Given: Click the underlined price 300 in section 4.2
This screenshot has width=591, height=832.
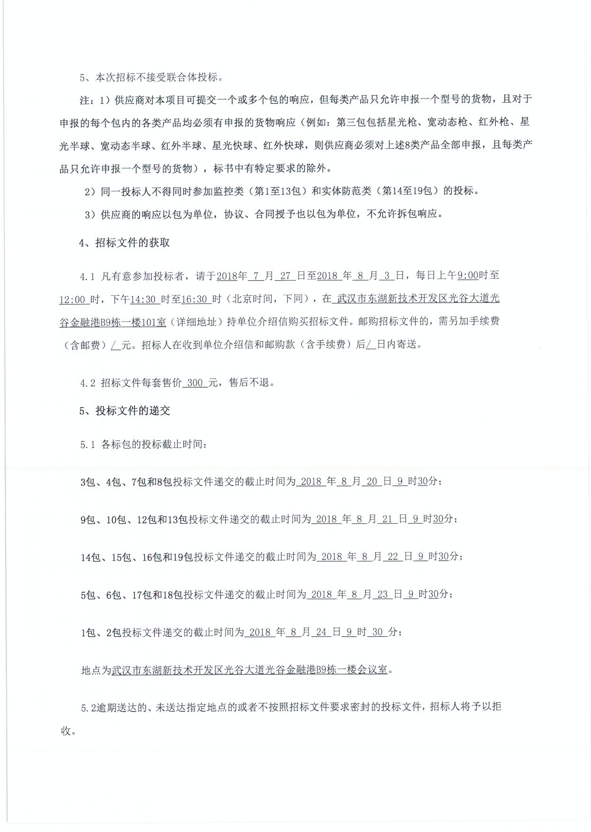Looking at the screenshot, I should pos(195,383).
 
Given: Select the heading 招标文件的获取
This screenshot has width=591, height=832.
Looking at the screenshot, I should pos(132,243).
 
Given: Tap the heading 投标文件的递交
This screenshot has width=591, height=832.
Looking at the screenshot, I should pos(132,411).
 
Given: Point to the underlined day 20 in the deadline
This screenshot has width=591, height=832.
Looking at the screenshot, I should pos(372,482).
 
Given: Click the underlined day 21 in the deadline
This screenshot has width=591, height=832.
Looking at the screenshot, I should pos(387,519).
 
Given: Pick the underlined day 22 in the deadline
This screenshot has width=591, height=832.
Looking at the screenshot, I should pos(393,557).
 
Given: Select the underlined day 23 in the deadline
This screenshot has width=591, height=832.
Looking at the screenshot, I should pos(382,594).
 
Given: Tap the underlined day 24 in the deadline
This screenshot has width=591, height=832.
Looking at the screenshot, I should pos(321,632).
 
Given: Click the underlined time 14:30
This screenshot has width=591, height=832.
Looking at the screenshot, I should pos(143,300).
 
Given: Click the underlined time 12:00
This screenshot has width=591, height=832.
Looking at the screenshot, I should pos(72,300).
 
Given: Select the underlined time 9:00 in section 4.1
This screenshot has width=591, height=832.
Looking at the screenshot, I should pos(467,275).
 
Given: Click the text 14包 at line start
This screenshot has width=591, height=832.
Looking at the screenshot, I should pos(90,558).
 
